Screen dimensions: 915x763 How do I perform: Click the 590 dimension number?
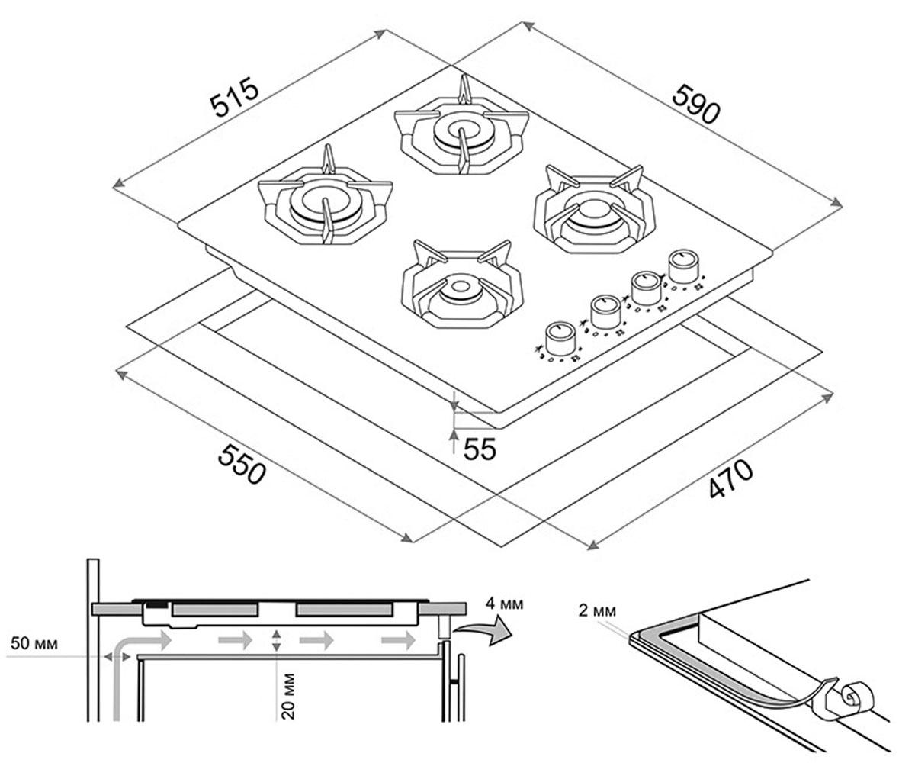click(x=696, y=105)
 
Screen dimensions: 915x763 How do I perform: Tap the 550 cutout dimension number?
click(x=242, y=463)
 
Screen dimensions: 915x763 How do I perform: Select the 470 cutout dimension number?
click(x=730, y=479)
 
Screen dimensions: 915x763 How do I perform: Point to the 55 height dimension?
click(x=480, y=449)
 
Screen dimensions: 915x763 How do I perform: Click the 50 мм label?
click(x=34, y=644)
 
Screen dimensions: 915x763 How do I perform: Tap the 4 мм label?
click(x=504, y=604)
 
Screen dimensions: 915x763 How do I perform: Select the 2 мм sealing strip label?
click(x=597, y=610)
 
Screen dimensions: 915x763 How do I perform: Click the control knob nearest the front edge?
click(x=560, y=339)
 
